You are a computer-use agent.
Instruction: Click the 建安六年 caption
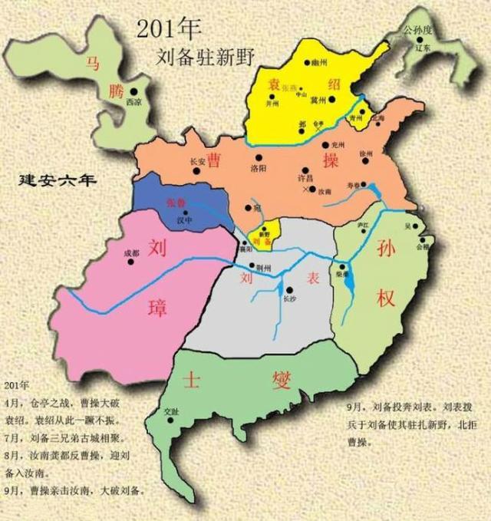[58, 181]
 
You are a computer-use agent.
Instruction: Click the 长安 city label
[198, 161]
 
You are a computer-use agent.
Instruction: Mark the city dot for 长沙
[288, 289]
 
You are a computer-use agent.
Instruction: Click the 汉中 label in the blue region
[184, 220]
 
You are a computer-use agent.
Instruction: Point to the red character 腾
[114, 92]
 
